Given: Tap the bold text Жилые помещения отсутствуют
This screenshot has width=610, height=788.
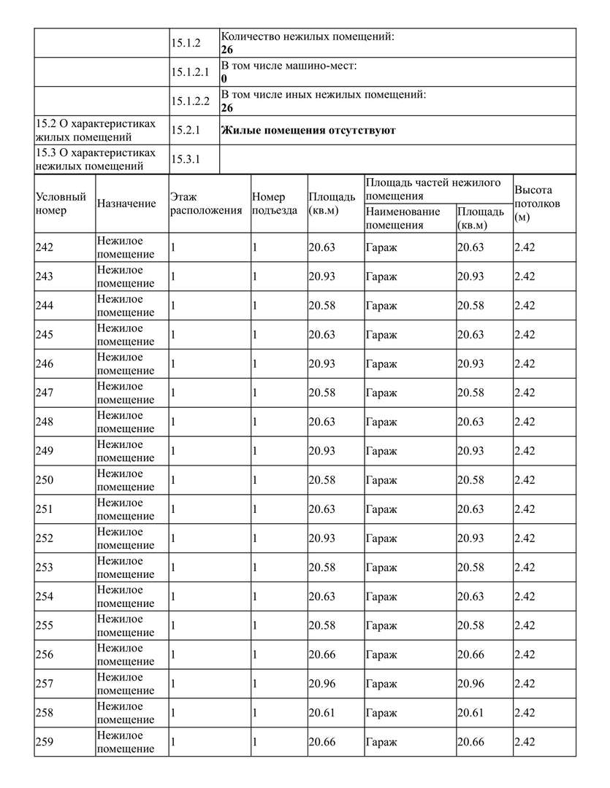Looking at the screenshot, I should pyautogui.click(x=308, y=131).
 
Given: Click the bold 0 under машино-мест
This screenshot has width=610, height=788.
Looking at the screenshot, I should pyautogui.click(x=224, y=79).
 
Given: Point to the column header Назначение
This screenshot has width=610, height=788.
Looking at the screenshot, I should pyautogui.click(x=126, y=204).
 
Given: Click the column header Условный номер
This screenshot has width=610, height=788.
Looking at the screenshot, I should pyautogui.click(x=61, y=204).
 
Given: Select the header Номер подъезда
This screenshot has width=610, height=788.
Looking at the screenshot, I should pyautogui.click(x=274, y=204).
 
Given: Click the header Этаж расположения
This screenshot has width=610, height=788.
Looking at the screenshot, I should pyautogui.click(x=205, y=204).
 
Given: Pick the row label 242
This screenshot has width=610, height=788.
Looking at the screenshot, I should pyautogui.click(x=44, y=247).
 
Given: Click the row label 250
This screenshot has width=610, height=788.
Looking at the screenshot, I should pyautogui.click(x=44, y=480).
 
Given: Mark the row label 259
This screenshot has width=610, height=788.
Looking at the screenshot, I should pyautogui.click(x=44, y=742).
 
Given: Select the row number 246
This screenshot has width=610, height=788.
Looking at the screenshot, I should pyautogui.click(x=44, y=363).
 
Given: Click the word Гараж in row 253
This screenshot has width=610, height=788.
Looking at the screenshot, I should pyautogui.click(x=381, y=567).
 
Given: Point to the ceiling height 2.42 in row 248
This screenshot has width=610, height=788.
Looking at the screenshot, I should pyautogui.click(x=525, y=422).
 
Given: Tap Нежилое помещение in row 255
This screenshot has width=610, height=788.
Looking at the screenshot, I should pyautogui.click(x=126, y=625).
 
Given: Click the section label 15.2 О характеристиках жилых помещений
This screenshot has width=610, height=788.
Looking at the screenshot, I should pyautogui.click(x=95, y=130).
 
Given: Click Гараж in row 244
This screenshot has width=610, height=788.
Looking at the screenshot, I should pyautogui.click(x=381, y=305).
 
